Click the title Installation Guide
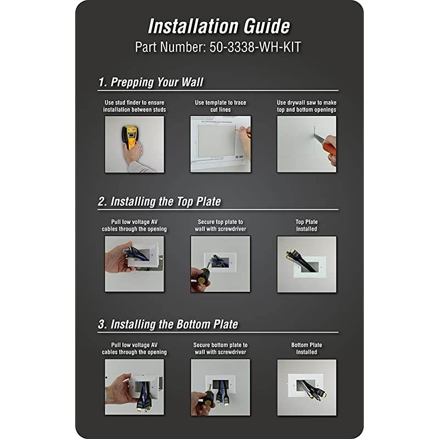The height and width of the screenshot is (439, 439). pos(219,26)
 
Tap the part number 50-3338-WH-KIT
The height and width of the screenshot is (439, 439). pos(255,47)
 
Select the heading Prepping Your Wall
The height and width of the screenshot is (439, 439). pos(157,82)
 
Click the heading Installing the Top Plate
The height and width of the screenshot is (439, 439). pos(166,201)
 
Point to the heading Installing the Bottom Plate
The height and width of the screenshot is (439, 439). pos(174,324)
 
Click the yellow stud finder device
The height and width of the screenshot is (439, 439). pos(130,137)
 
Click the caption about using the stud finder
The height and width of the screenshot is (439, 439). pos(134,106)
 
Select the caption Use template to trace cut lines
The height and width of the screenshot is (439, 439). pos(221,106)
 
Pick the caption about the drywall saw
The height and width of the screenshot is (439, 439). pos(307,106)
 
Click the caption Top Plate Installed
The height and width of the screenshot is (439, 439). pos(307,226)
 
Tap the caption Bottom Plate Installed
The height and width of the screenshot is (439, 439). pos(307,348)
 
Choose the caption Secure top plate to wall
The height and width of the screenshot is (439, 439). pos(221,226)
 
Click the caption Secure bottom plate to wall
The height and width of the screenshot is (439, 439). pos(221,348)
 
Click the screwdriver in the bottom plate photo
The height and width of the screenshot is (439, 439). pos(209,396)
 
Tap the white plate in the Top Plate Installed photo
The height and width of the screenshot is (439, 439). pos(309,267)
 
